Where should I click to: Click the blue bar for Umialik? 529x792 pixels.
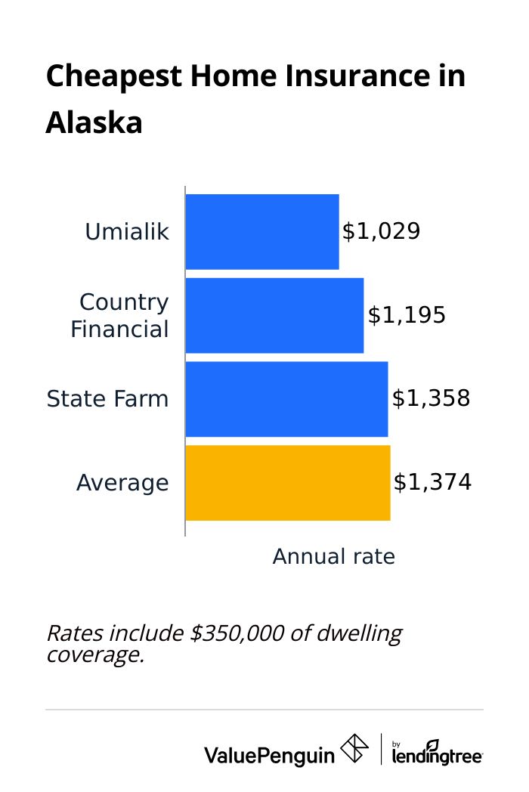click(262, 231)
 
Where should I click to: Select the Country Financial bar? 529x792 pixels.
click(274, 315)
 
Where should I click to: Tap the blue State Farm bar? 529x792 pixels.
click(286, 399)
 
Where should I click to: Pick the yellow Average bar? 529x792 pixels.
click(288, 483)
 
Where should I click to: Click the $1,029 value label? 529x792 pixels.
click(381, 231)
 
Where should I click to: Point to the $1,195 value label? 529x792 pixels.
click(407, 315)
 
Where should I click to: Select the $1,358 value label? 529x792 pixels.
click(431, 399)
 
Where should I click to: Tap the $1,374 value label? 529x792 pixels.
click(432, 483)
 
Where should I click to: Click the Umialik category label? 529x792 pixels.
click(127, 232)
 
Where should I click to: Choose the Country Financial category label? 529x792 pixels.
click(121, 316)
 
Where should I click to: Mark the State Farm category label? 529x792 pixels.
click(108, 399)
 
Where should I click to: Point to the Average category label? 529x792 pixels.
click(122, 483)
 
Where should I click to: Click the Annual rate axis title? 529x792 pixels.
click(333, 557)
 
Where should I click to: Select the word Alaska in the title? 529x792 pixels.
click(94, 122)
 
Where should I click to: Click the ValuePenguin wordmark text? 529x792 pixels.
click(269, 753)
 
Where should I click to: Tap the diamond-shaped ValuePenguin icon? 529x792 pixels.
click(355, 749)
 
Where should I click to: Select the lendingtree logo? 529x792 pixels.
click(438, 753)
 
